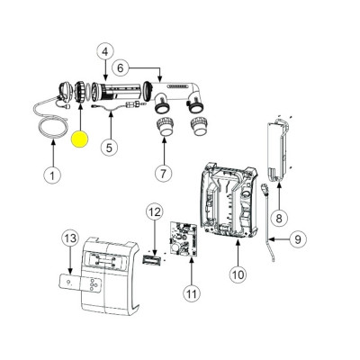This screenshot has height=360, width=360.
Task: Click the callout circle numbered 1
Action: pos(52,175)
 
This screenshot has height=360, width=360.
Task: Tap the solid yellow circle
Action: pos(79,139)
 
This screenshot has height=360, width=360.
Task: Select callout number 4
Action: pos(104,52)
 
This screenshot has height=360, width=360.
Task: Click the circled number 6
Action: pos(120,68)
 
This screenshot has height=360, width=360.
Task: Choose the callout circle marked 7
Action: pos(163,174)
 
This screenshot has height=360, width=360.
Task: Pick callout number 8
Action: pos(279,218)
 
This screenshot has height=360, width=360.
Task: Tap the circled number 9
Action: pos(297,239)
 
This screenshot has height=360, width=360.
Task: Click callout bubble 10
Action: pos(238,274)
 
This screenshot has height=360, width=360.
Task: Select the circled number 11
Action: pos(192,293)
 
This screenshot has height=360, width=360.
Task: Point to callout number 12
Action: pos(155,212)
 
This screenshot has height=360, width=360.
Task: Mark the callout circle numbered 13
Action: pos(70,238)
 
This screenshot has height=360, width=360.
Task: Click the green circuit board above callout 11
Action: pos(183,239)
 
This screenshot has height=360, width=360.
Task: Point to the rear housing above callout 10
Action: pos(229,201)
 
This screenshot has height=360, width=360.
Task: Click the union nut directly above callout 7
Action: pos(165,127)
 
